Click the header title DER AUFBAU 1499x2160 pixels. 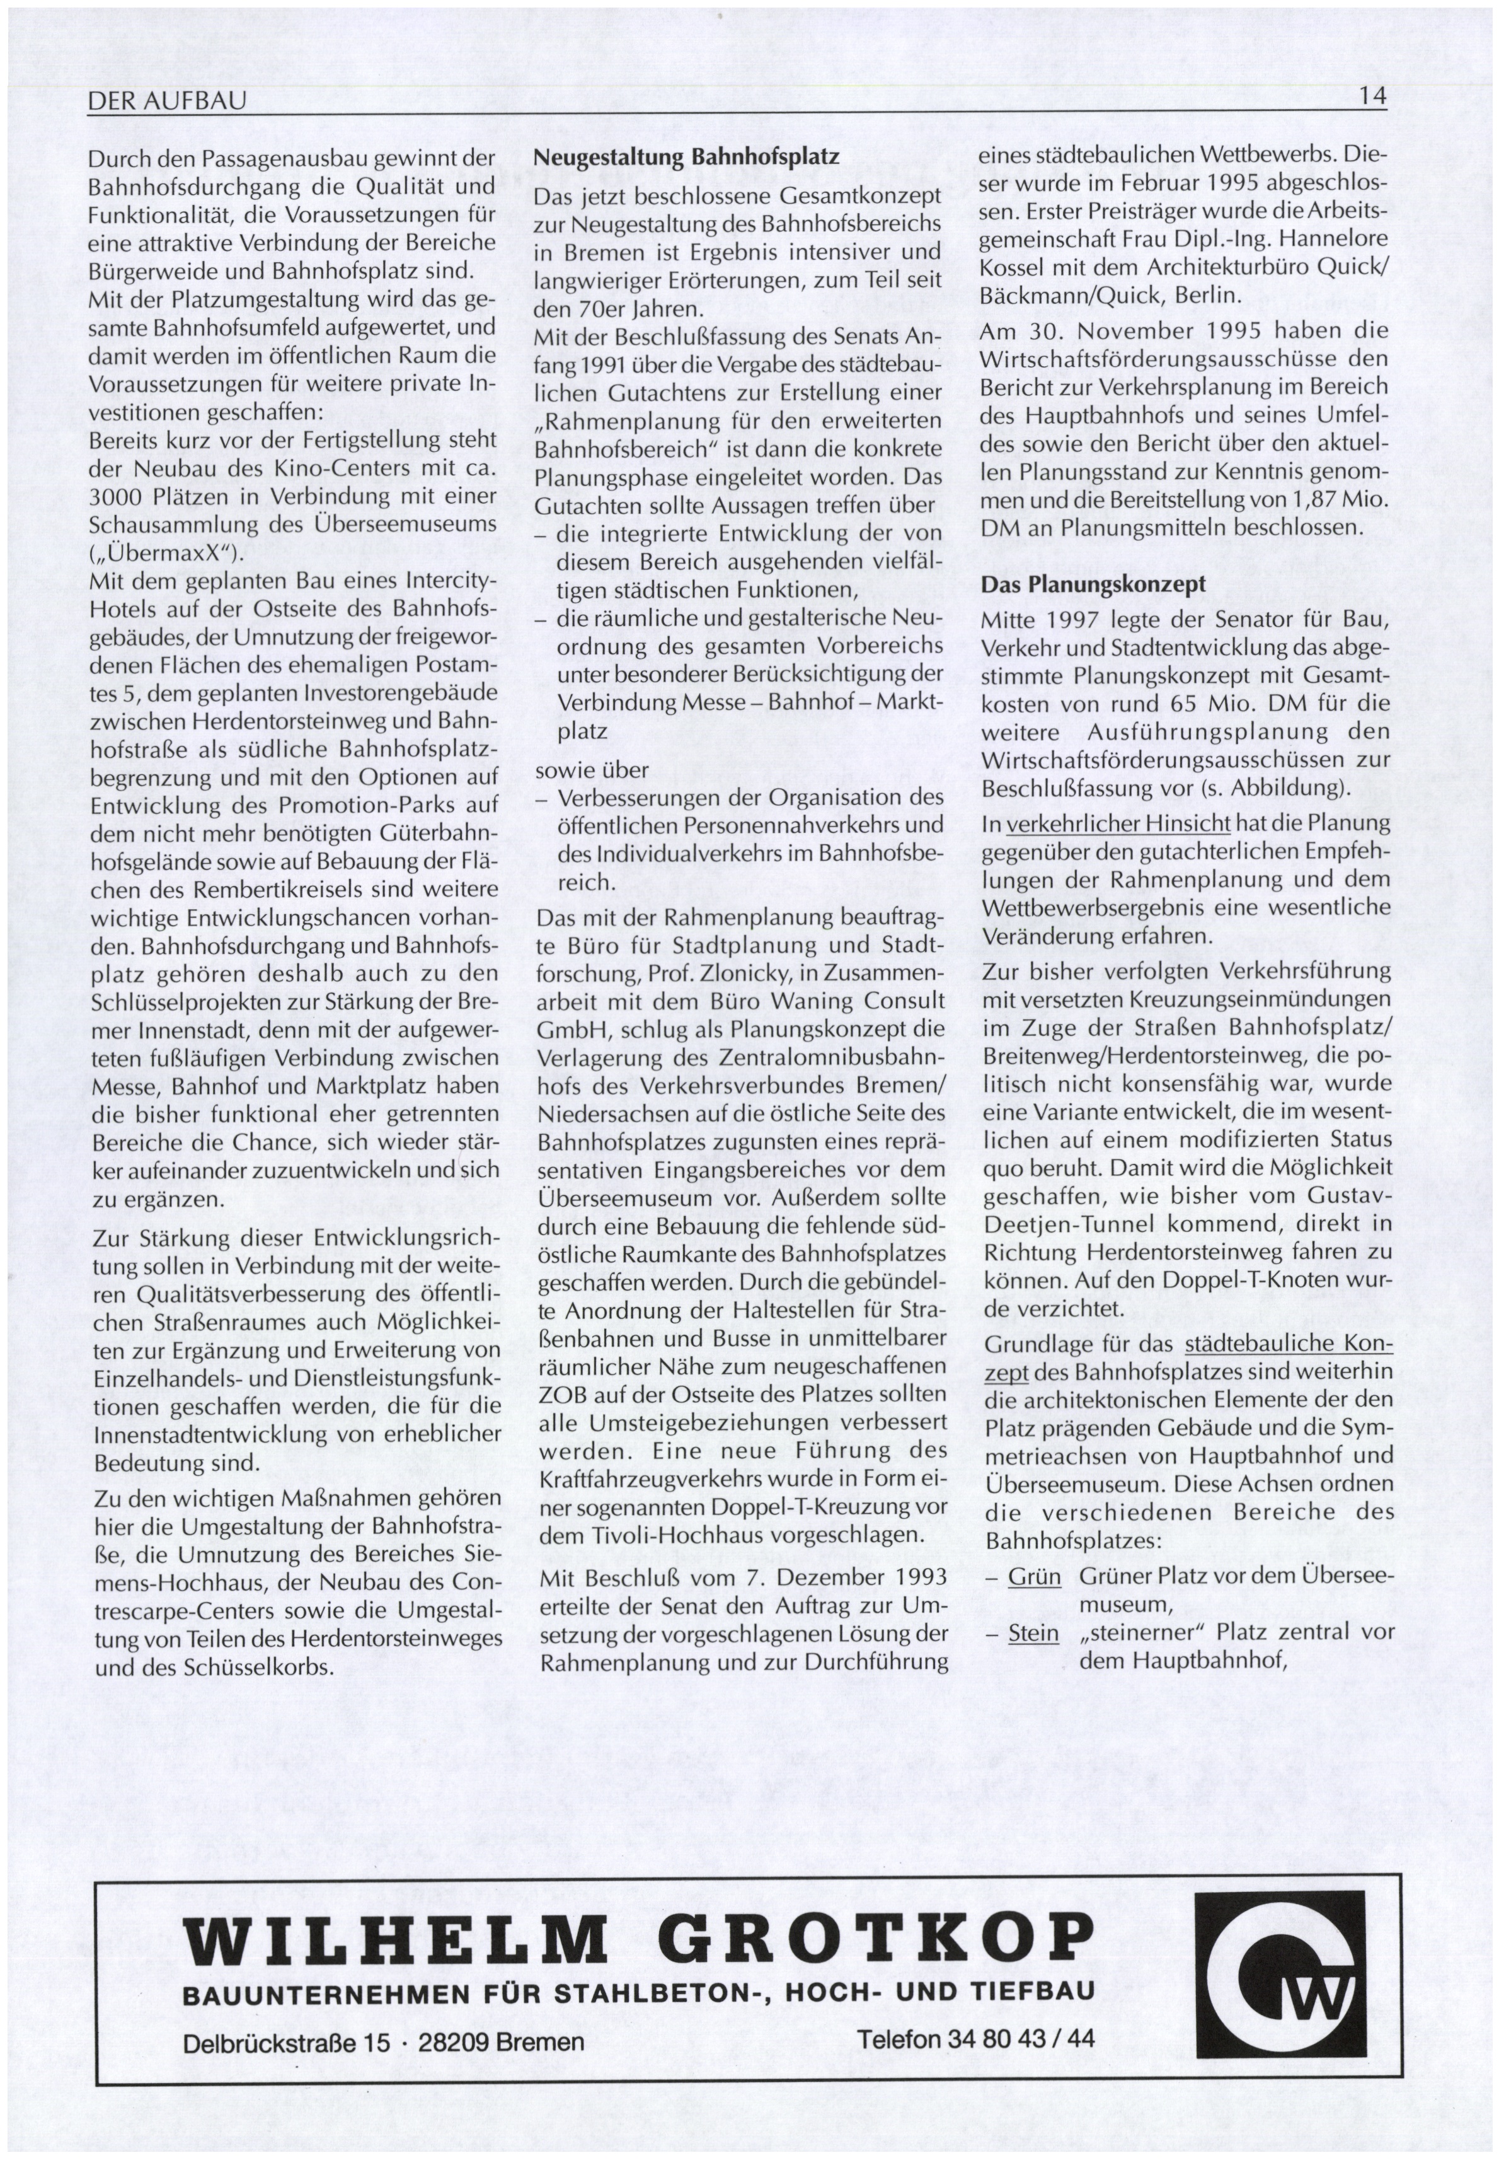click(x=166, y=100)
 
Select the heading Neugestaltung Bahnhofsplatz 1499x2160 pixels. click(x=686, y=157)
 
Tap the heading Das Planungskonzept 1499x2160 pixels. click(x=1093, y=583)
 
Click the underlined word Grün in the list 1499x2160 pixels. click(x=1034, y=1576)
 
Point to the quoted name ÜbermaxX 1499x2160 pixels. click(x=159, y=552)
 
